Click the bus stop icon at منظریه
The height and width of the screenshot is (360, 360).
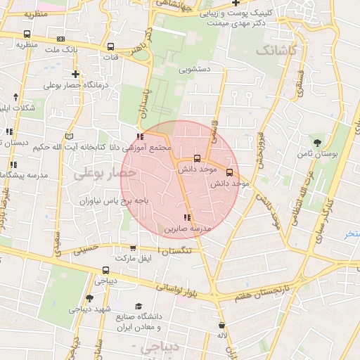coord(27,34)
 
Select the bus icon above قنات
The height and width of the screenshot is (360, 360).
coord(110,47)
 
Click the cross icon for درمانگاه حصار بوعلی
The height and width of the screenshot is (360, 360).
coord(75,74)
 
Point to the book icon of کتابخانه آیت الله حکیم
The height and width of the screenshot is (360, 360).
coord(68,135)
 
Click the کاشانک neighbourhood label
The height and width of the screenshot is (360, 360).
coord(276,51)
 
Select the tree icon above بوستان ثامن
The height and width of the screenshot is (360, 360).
coord(325,141)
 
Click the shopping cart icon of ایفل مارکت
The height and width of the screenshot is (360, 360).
coord(134,248)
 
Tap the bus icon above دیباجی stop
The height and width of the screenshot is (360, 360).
coord(105,270)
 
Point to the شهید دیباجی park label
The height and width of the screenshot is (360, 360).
coord(89,308)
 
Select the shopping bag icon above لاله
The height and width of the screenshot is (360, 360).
coord(222,325)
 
